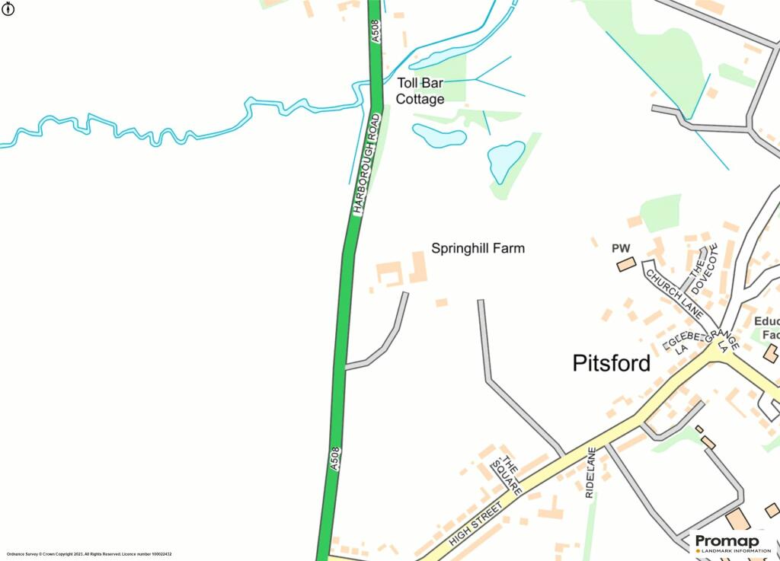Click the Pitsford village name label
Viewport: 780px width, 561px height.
tap(612, 363)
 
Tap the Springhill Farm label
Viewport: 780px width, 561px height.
tap(478, 248)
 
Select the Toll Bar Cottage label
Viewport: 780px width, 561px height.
tap(420, 91)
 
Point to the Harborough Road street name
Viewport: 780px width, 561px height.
tap(366, 164)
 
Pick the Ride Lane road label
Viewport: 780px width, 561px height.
tap(590, 473)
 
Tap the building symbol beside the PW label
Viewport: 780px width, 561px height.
tap(625, 264)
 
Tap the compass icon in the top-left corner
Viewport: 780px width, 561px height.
tap(8, 8)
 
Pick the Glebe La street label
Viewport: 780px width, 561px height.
tap(680, 340)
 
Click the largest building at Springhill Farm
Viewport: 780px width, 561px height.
tap(418, 267)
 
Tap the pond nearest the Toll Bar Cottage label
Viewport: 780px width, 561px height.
tap(439, 135)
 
